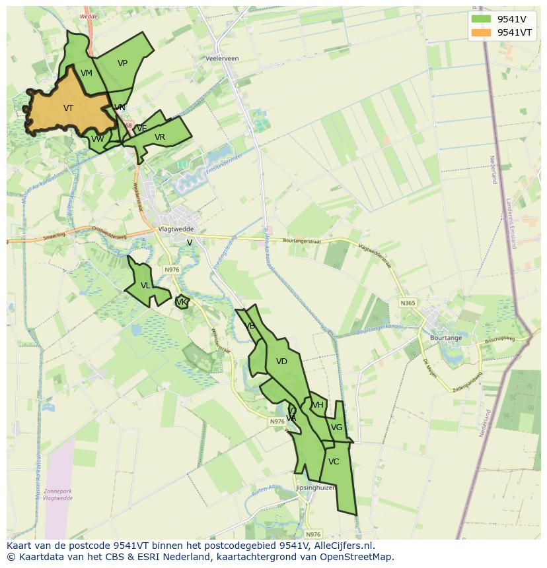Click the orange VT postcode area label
point(68,108)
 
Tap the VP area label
point(122,63)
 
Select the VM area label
point(87,73)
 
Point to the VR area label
point(160,137)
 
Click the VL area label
point(145,286)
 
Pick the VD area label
point(281,362)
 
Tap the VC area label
point(334,462)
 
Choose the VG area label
point(336,427)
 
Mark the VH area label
point(318,405)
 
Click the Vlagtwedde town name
point(174,229)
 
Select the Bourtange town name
point(446,338)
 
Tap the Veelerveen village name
point(222,59)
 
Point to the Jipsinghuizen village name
point(316,488)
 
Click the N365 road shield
point(408,303)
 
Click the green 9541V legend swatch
point(481,18)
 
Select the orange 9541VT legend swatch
point(481,32)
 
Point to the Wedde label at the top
point(87,16)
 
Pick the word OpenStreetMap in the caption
point(359,557)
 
